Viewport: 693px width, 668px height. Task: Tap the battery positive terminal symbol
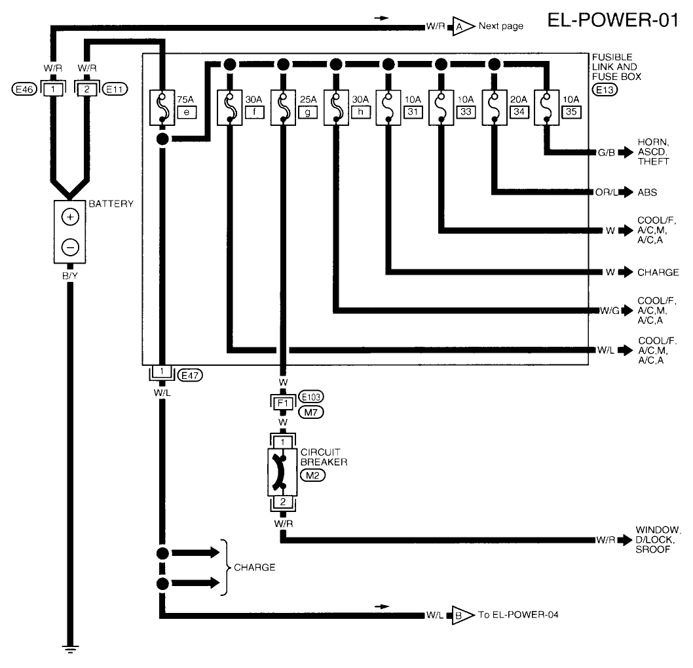[x=71, y=217]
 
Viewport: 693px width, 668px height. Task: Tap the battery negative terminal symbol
[x=71, y=246]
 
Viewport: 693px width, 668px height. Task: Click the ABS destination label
[x=648, y=193]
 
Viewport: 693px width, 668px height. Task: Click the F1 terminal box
[x=283, y=401]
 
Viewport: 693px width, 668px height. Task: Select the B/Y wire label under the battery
[x=70, y=275]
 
